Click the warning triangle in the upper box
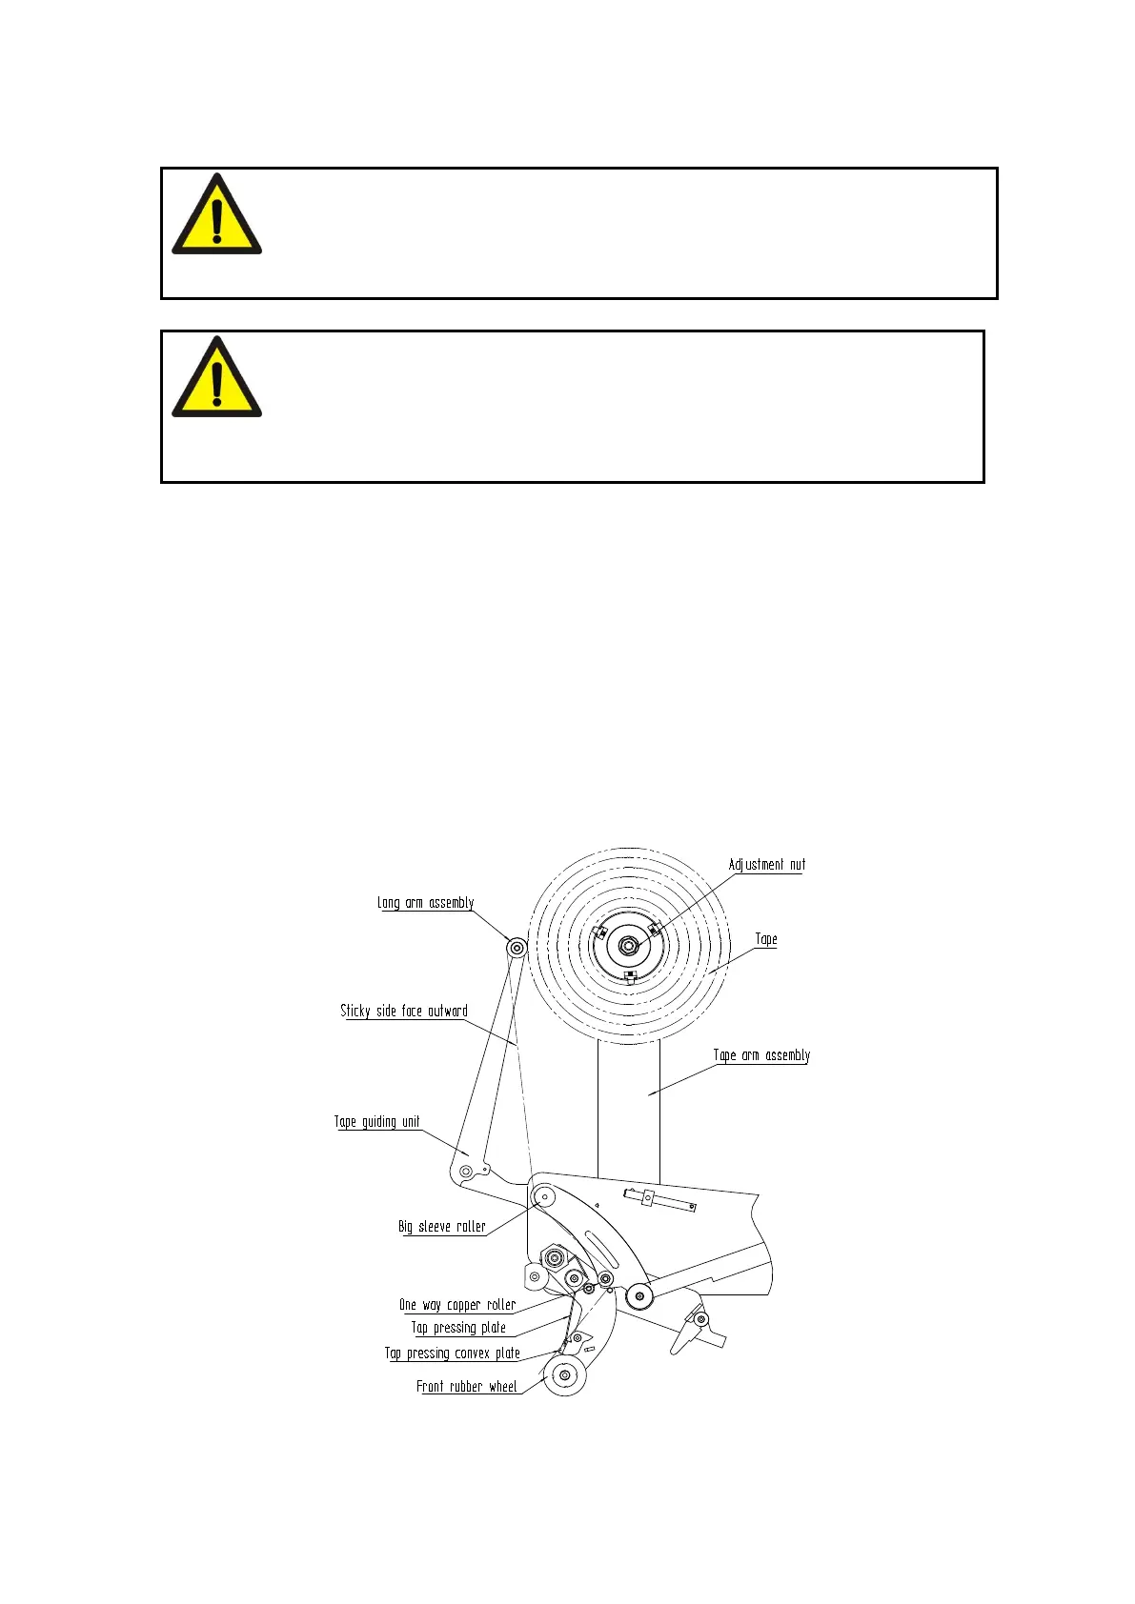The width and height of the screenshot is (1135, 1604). click(216, 216)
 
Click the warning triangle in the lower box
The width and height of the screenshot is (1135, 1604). click(216, 379)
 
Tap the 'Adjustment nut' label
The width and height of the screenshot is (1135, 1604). click(766, 865)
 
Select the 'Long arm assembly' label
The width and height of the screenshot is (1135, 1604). click(425, 903)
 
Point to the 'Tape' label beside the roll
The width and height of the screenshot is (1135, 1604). click(766, 939)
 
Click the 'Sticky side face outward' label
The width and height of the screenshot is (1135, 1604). click(404, 1011)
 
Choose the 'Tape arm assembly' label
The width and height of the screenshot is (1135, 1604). click(761, 1055)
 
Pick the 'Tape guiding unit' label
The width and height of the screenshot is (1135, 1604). click(376, 1122)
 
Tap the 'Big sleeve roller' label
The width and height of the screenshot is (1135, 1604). click(442, 1227)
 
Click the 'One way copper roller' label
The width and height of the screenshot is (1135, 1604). click(457, 1305)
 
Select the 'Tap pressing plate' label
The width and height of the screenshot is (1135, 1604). click(458, 1328)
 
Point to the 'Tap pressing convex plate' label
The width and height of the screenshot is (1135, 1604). click(453, 1353)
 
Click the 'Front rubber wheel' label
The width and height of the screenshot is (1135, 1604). click(467, 1387)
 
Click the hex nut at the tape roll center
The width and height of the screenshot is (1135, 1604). click(628, 945)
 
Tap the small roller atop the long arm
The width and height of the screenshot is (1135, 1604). click(517, 948)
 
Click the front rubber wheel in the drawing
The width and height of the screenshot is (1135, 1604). click(564, 1375)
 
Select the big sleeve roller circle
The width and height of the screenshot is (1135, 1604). click(544, 1197)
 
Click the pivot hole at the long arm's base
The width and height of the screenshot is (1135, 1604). click(465, 1169)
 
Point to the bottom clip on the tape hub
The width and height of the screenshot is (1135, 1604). click(630, 975)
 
